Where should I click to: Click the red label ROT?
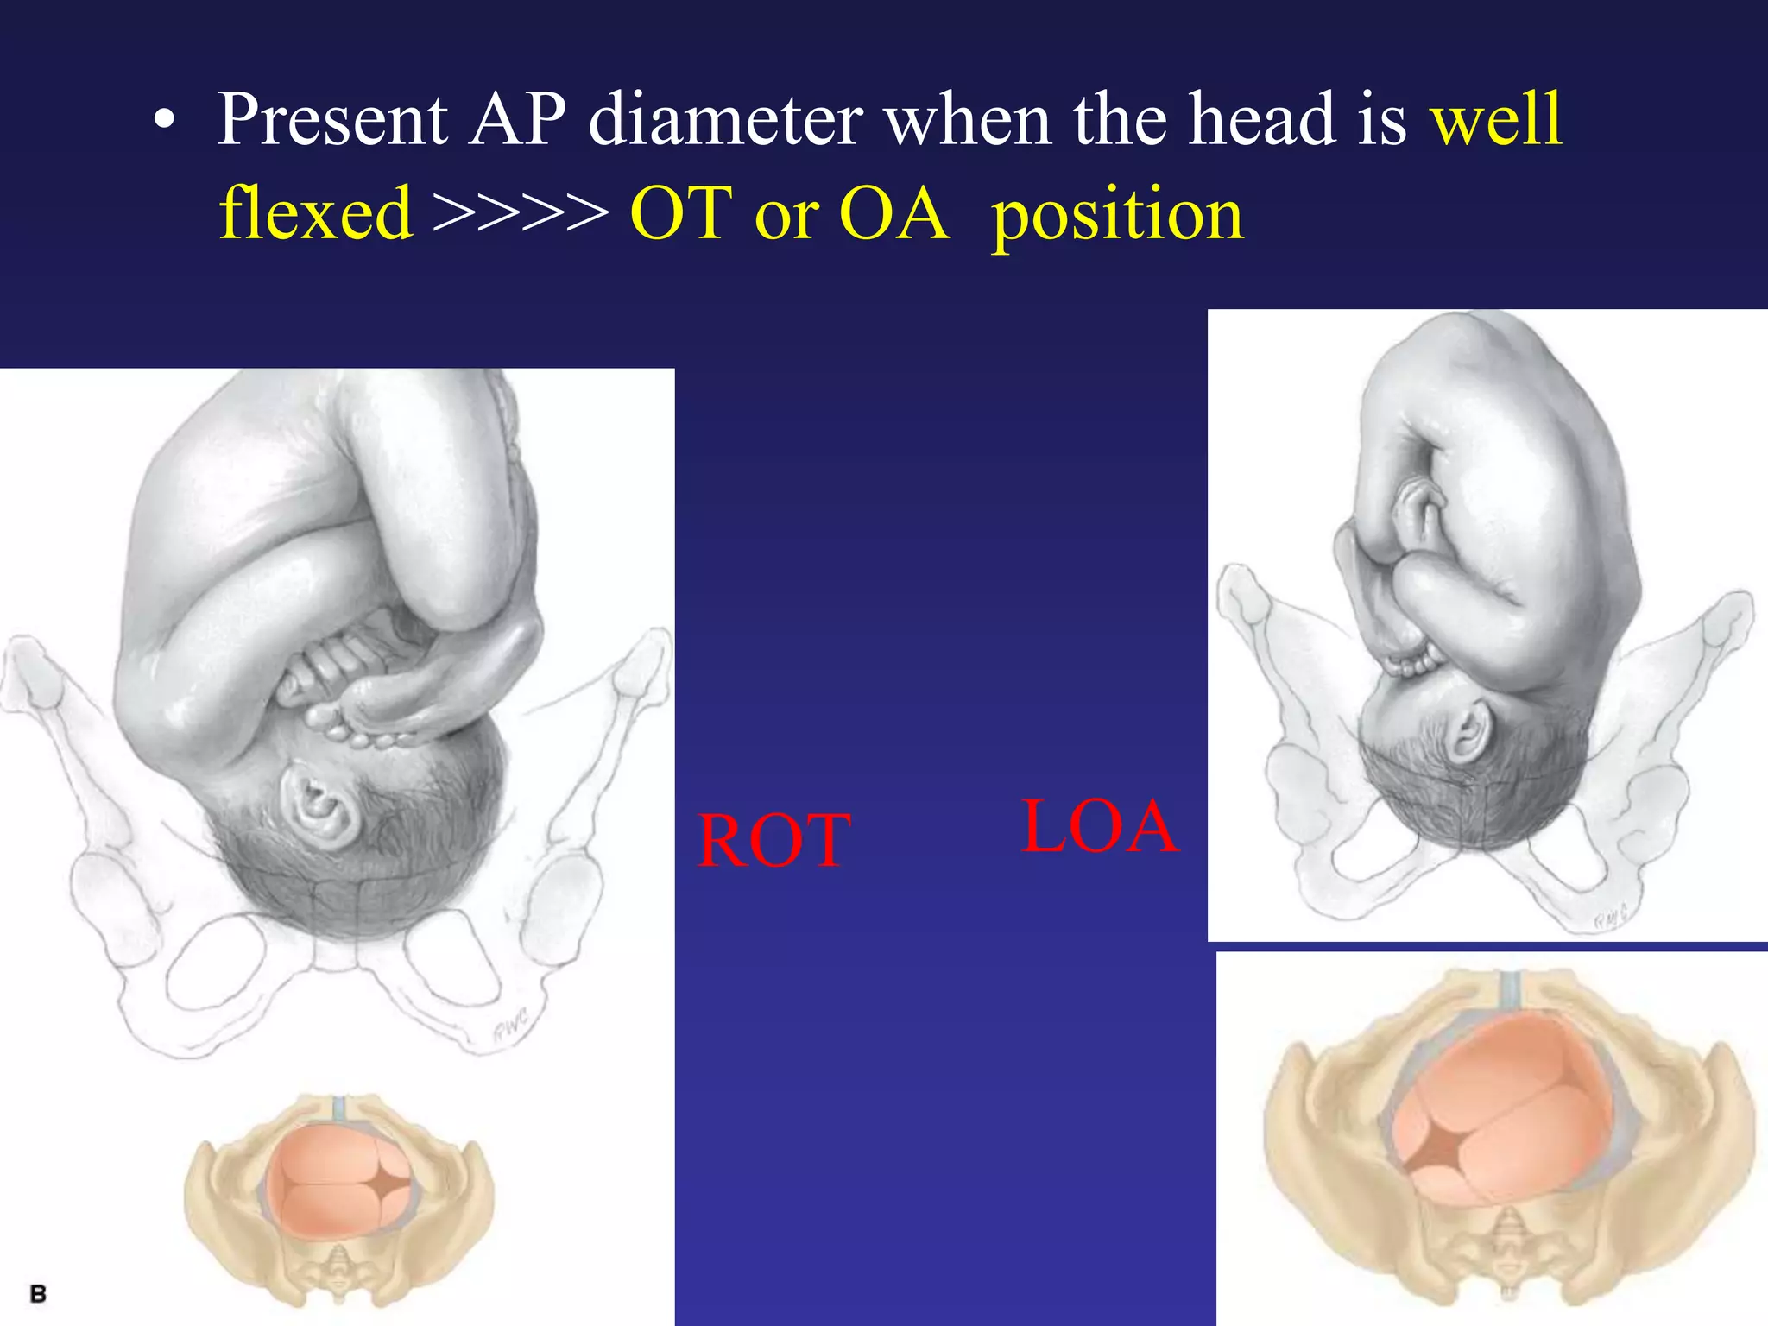coord(774,841)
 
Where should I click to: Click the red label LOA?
coord(1099,827)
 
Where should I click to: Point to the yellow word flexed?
coord(316,213)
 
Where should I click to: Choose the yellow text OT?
coord(681,213)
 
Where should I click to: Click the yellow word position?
coord(1117,215)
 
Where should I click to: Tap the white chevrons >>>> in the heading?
coord(521,213)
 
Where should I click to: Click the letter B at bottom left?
coord(38,1294)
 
